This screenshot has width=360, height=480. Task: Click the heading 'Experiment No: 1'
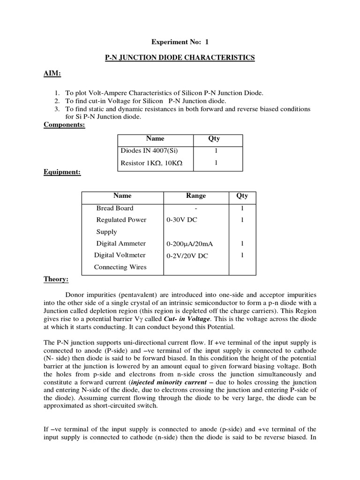click(x=180, y=41)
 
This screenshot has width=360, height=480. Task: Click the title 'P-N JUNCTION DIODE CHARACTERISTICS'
click(x=180, y=58)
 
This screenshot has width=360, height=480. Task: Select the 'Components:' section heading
click(x=64, y=125)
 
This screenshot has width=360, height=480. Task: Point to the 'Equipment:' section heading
click(x=62, y=172)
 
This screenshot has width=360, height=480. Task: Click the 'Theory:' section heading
click(x=56, y=279)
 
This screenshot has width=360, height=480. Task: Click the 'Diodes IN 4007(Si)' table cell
click(x=150, y=151)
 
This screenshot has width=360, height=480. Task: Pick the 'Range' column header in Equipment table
click(x=196, y=196)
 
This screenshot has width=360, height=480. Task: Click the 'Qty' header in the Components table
click(x=214, y=139)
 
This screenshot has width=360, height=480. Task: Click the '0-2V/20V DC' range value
click(x=187, y=256)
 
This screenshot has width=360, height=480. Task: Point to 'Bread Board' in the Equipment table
click(x=115, y=208)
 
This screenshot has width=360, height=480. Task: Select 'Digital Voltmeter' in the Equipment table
click(x=120, y=255)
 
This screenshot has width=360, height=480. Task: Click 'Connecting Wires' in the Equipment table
click(x=120, y=267)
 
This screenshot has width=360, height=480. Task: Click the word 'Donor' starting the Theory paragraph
click(x=76, y=295)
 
